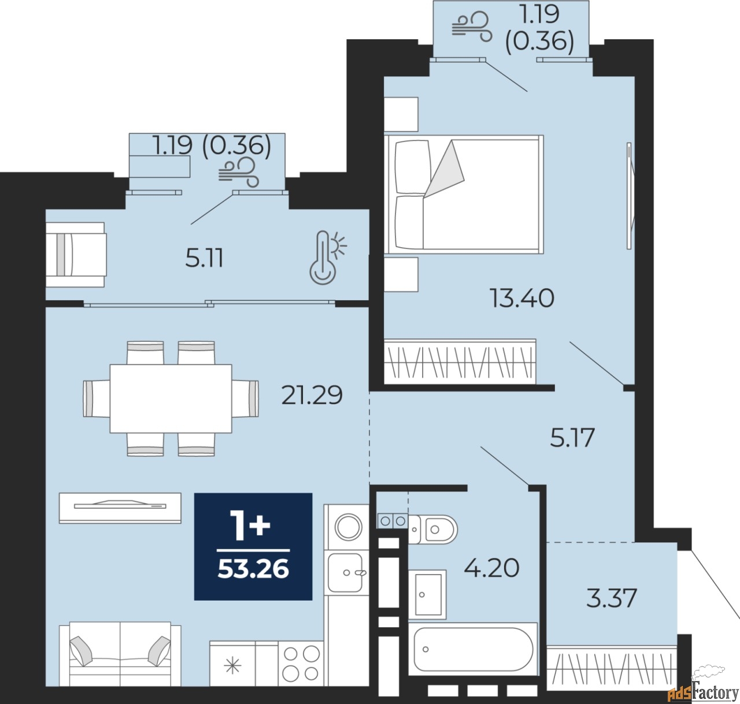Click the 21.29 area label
tap(312, 395)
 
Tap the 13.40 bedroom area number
tap(521, 298)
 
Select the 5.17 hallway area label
tap(572, 437)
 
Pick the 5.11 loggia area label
tap(205, 258)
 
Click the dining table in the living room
tap(171, 398)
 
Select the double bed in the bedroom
tap(464, 194)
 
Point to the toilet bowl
tap(434, 530)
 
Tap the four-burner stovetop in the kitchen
tap(301, 663)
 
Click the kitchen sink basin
tap(345, 572)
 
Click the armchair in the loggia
tap(76, 255)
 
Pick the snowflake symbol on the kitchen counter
tap(232, 667)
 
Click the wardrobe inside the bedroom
tap(460, 362)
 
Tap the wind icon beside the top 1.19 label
tap(472, 27)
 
